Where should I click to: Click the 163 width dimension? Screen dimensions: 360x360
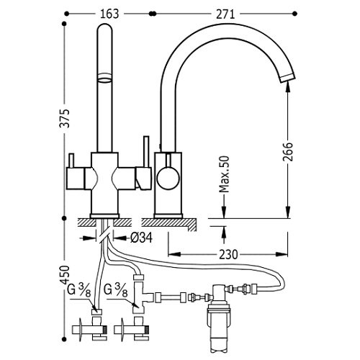[109, 14]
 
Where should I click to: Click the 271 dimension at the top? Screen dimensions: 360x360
[225, 14]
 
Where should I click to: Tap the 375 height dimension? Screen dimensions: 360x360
[65, 118]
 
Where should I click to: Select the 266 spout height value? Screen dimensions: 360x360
[288, 152]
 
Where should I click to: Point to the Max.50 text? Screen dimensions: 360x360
[225, 174]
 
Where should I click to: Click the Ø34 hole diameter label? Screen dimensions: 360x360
[142, 238]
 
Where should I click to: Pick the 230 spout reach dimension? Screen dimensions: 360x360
[228, 254]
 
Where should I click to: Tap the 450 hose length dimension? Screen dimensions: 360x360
[65, 275]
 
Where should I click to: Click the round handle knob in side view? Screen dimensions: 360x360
[168, 178]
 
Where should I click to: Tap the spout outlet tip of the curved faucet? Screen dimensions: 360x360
[288, 78]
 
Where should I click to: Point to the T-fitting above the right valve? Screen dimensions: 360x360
[140, 294]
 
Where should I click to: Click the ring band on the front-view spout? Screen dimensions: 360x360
[104, 78]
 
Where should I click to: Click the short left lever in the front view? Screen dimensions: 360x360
[72, 161]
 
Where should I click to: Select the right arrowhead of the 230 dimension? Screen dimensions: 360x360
[282, 254]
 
